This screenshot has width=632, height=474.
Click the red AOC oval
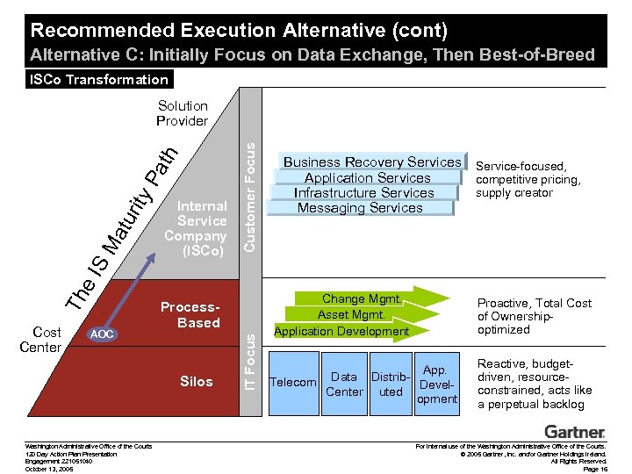pos(103,334)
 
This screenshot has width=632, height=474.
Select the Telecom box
pos(292,382)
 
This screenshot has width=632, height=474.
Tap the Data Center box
pos(343,384)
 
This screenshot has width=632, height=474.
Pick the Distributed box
pos(391,384)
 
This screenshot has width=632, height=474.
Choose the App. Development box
pos(436,384)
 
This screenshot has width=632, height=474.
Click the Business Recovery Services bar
pos(371,162)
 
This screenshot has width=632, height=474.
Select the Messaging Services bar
pos(360,208)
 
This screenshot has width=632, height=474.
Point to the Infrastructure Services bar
pos(364,193)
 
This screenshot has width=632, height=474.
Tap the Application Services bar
pos(367,177)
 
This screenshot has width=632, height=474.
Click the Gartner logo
pos(575,432)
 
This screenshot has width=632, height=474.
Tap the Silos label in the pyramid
pos(197,381)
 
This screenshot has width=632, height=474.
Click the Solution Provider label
pos(182,113)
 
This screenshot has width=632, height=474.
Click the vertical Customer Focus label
pos(249,188)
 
